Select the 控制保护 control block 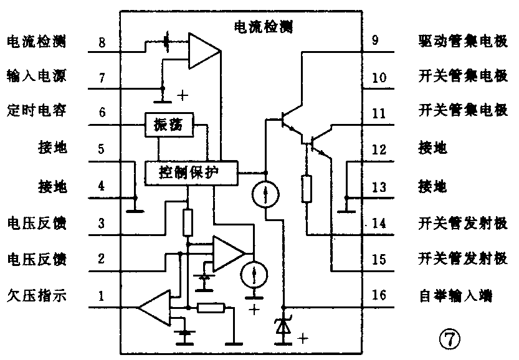pos(191,173)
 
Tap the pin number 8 pos(102,42)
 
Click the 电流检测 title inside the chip pos(262,27)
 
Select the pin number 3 pos(102,222)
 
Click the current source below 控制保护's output pos(265,196)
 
